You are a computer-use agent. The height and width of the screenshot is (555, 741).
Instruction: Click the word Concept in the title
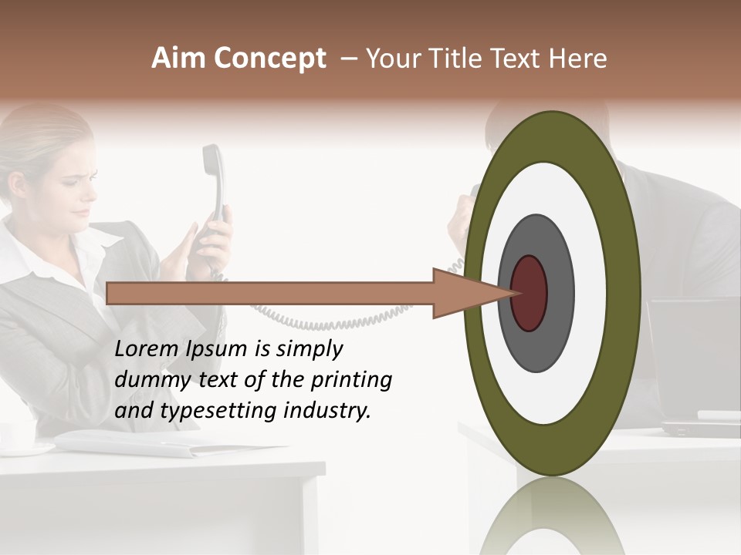[x=271, y=59]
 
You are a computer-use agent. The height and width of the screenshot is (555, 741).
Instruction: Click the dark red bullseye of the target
[x=529, y=293]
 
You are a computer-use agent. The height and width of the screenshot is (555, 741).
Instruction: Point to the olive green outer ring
[x=624, y=293]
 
